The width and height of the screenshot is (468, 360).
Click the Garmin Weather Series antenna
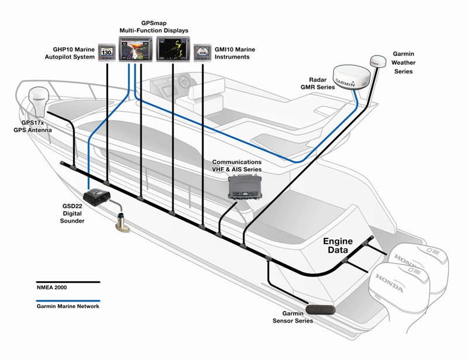pos(377,61)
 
